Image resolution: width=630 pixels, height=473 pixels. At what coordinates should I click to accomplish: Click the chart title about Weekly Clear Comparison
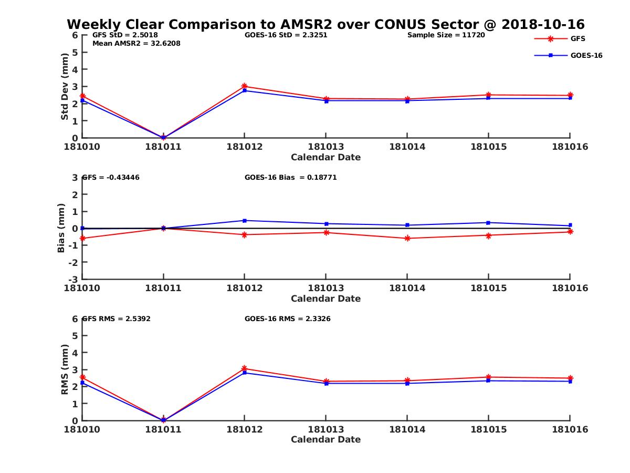point(325,25)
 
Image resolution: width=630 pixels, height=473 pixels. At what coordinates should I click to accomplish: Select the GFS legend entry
point(578,38)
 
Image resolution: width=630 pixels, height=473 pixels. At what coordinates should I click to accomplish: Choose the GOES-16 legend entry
point(586,55)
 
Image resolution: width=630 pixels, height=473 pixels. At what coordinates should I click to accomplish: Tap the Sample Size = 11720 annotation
point(446,35)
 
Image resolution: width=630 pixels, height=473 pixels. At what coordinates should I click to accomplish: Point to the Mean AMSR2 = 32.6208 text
point(136,43)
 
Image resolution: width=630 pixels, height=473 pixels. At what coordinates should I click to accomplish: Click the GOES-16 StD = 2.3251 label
point(286,35)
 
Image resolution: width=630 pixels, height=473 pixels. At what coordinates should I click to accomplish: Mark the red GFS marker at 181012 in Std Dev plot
point(245,86)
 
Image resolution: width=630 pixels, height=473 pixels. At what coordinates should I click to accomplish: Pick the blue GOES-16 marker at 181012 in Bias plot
point(245,220)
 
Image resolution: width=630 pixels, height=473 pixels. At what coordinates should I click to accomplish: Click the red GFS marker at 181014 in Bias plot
point(407,238)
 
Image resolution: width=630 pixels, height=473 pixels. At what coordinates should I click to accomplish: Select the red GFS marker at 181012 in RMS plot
point(245,368)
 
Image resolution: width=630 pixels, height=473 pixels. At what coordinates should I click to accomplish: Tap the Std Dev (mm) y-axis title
point(65,86)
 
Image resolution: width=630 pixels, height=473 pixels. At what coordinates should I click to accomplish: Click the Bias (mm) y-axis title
point(61,228)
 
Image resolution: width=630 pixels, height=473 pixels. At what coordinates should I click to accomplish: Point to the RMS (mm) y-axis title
point(65,369)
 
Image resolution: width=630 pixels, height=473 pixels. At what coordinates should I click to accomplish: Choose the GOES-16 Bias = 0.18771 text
point(290,178)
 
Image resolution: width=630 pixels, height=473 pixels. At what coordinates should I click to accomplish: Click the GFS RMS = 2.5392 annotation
point(117,318)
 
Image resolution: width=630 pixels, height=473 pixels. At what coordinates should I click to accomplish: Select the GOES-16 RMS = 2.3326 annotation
point(287,318)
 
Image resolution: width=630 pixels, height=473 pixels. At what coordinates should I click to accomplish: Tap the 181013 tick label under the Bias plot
point(326,288)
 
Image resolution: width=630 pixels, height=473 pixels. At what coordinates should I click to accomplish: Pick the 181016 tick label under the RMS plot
point(570,429)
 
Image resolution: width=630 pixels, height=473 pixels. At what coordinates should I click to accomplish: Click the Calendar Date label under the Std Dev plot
point(326,157)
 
